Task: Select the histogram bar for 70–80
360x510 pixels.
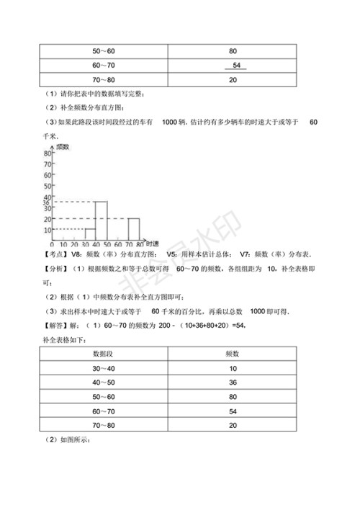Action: pos(133,229)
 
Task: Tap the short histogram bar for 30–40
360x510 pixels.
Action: pos(90,233)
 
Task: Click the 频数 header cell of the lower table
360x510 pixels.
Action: pos(232,352)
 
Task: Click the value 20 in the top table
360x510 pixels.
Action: pos(232,80)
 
